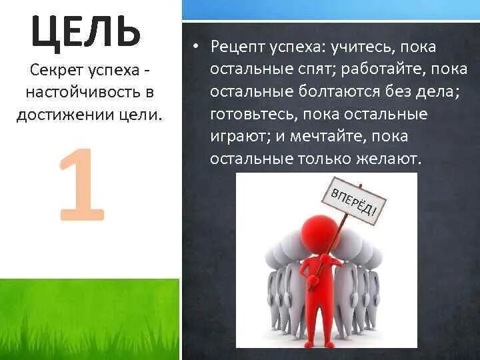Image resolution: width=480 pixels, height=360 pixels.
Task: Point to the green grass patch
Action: click(89, 319)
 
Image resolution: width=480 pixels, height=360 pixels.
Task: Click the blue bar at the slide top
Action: click(331, 9)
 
